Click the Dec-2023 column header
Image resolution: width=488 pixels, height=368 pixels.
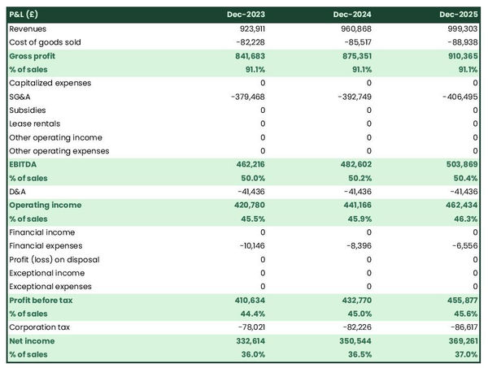point(248,15)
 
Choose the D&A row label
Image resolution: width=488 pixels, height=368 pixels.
point(18,192)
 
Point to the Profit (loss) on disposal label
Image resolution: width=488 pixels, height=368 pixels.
point(54,259)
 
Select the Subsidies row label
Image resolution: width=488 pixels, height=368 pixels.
point(28,110)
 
